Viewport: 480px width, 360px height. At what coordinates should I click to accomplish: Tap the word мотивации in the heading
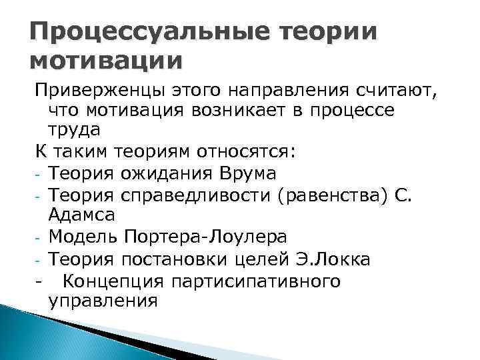105,62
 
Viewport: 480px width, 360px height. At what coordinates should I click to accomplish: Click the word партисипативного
257,281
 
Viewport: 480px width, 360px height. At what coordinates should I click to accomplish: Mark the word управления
103,301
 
